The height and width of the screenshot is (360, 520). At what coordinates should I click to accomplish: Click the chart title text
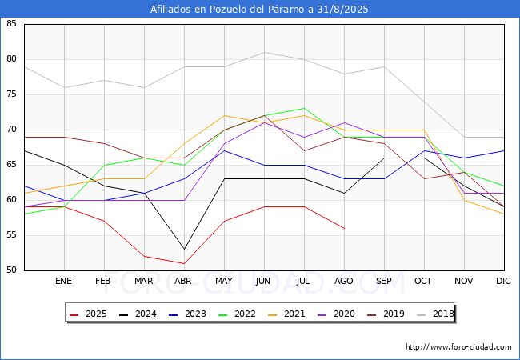259,10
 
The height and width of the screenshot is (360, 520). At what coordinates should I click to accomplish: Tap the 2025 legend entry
88,314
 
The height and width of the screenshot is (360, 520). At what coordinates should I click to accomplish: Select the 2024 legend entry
138,314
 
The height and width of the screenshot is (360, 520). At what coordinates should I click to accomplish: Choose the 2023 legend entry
187,314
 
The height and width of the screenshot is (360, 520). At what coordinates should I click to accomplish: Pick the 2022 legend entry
237,314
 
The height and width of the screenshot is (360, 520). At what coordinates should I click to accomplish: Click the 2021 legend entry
286,314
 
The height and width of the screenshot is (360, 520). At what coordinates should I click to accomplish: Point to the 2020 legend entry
336,314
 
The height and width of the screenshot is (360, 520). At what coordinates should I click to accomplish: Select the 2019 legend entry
386,314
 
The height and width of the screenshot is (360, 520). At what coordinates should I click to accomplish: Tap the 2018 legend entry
434,314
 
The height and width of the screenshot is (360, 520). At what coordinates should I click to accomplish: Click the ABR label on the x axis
183,281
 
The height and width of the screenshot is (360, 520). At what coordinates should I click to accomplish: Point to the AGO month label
343,281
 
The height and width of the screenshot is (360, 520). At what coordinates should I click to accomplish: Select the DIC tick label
503,281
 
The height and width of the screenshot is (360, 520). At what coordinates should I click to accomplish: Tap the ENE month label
63,281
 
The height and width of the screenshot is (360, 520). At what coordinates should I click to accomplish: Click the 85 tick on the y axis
11,23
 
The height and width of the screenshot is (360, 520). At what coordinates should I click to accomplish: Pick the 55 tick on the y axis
11,235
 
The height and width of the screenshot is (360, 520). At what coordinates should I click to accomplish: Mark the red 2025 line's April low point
184,263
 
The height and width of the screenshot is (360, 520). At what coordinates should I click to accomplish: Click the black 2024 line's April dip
184,250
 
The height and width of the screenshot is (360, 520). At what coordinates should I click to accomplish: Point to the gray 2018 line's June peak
264,52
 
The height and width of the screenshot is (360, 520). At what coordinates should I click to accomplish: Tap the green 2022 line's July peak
305,108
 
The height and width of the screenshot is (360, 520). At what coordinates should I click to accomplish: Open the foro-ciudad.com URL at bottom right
458,347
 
